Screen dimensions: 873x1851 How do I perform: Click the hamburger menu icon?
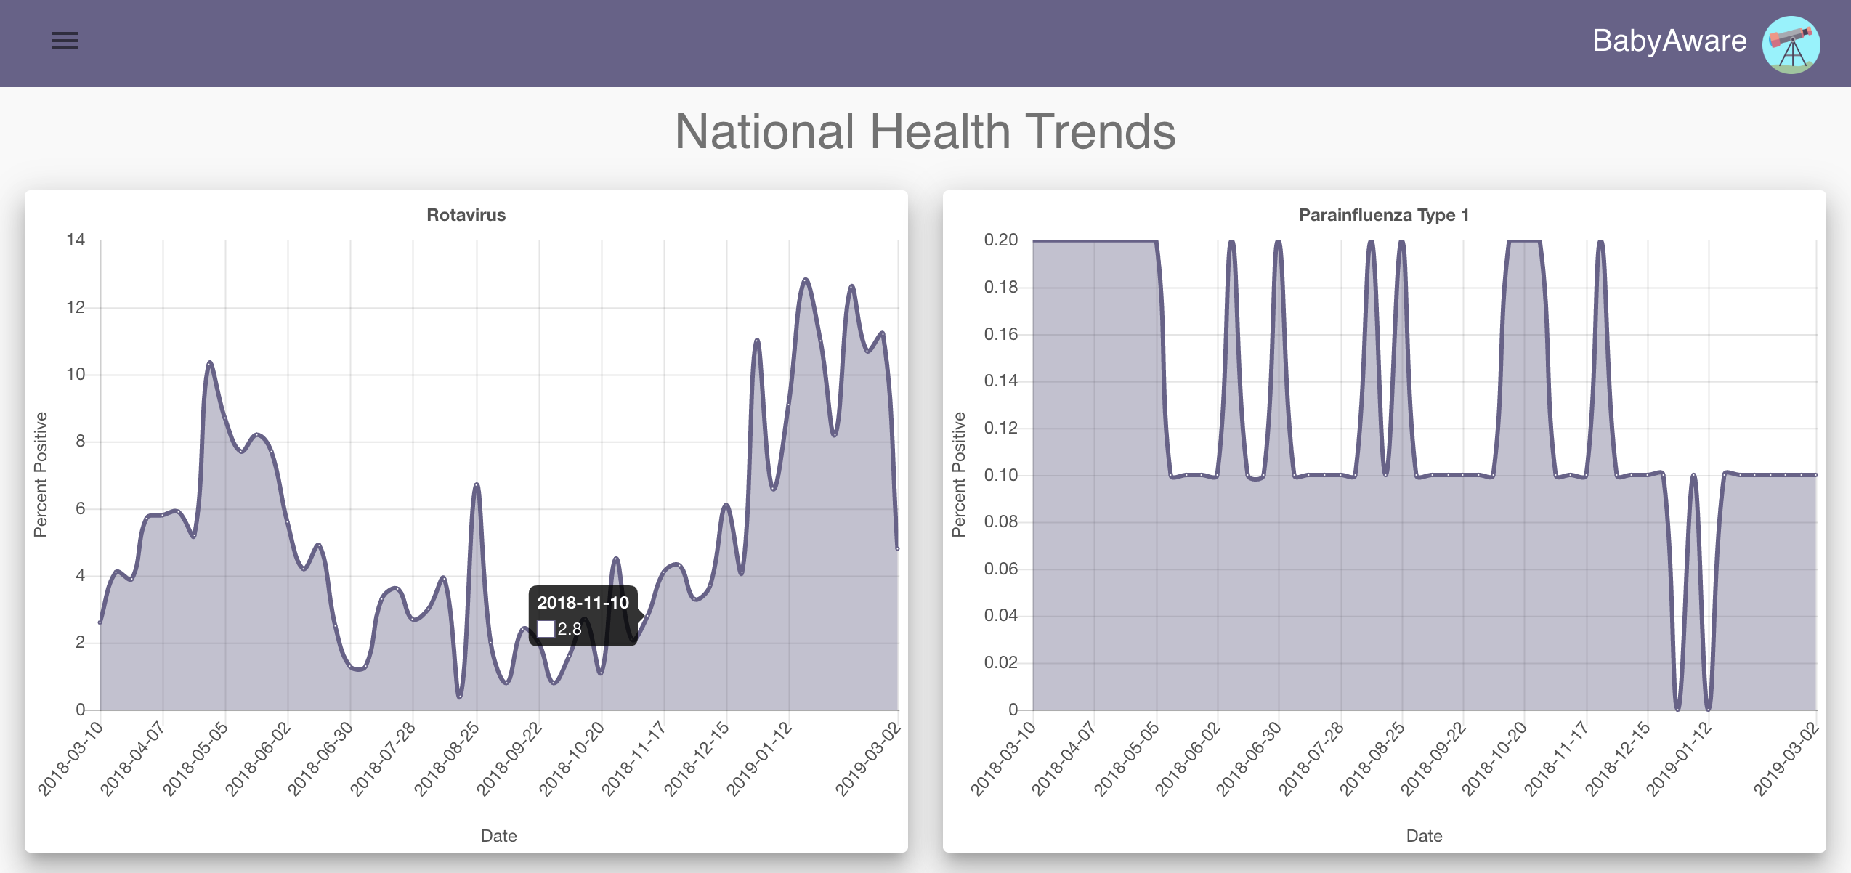coord(65,41)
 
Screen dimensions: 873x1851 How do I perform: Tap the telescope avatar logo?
coord(1791,44)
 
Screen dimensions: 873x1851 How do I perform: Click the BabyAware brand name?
coord(1669,41)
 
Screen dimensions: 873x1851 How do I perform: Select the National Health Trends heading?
coord(925,131)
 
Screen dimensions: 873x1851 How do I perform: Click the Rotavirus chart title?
coord(466,215)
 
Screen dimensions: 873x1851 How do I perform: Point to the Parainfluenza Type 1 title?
coord(1383,215)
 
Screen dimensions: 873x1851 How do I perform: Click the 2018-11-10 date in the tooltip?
coord(583,603)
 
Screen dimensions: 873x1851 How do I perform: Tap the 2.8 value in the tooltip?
coord(570,629)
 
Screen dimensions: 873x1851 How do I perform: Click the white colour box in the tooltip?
coord(546,629)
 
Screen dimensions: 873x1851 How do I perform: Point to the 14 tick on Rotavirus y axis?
coord(76,240)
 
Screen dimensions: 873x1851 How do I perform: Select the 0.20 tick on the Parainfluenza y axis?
coord(1000,240)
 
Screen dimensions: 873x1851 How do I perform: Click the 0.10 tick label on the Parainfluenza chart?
coord(1000,475)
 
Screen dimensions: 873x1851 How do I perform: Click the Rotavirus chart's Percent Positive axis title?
coord(41,474)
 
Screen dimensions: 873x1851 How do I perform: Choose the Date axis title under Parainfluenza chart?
coord(1424,836)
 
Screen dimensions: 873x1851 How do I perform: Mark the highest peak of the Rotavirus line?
coord(805,280)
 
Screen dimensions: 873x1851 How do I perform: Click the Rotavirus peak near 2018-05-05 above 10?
coord(210,362)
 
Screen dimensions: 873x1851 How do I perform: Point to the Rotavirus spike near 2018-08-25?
coord(477,484)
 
